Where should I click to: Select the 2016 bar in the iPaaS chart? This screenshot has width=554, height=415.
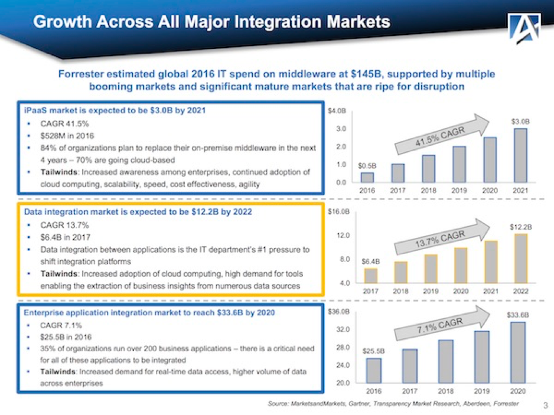(x=367, y=177)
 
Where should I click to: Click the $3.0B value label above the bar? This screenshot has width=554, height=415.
(x=520, y=120)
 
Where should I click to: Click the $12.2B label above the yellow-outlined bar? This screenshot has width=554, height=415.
(x=520, y=226)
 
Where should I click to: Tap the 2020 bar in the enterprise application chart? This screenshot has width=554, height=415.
(x=517, y=352)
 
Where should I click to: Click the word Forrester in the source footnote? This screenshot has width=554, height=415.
(x=507, y=403)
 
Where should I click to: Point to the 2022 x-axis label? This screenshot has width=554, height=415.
(x=520, y=290)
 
